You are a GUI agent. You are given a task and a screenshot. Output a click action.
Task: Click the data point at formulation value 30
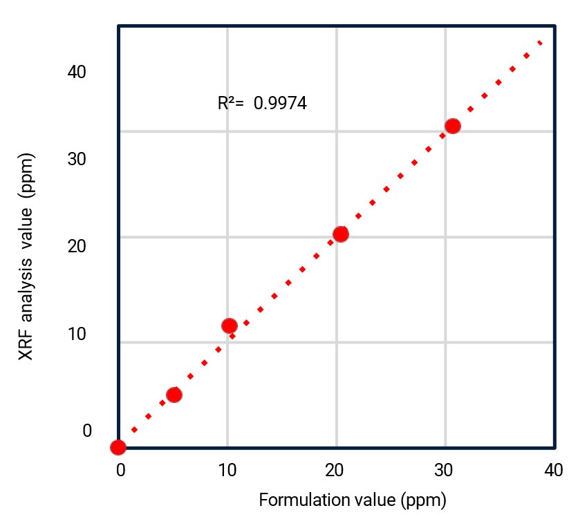(x=453, y=126)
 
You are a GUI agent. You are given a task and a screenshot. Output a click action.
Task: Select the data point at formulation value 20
(x=340, y=234)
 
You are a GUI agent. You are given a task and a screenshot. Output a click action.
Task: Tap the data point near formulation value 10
(x=230, y=326)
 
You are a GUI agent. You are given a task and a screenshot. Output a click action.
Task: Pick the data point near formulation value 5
(x=174, y=395)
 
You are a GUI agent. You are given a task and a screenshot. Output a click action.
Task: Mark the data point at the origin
(x=118, y=447)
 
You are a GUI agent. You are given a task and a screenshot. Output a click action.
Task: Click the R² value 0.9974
(x=280, y=104)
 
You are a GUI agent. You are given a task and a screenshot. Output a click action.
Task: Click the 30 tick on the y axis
(x=76, y=159)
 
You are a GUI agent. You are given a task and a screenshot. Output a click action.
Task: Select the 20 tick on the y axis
(x=76, y=247)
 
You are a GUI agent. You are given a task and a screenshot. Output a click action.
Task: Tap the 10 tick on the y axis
(x=76, y=335)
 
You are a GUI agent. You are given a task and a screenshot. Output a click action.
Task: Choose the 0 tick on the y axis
(x=87, y=431)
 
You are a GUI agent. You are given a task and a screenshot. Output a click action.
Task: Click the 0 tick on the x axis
(x=120, y=471)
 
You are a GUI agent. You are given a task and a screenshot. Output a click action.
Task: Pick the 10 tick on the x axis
(x=227, y=471)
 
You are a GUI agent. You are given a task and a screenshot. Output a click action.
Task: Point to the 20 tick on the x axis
(x=336, y=471)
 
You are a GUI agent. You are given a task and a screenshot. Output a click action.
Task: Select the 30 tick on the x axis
(x=445, y=471)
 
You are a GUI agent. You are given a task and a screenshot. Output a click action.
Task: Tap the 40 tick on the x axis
(x=553, y=471)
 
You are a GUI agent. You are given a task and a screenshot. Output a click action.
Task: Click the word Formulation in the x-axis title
(x=298, y=499)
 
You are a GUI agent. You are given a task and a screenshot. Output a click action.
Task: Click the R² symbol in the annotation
(x=229, y=104)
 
